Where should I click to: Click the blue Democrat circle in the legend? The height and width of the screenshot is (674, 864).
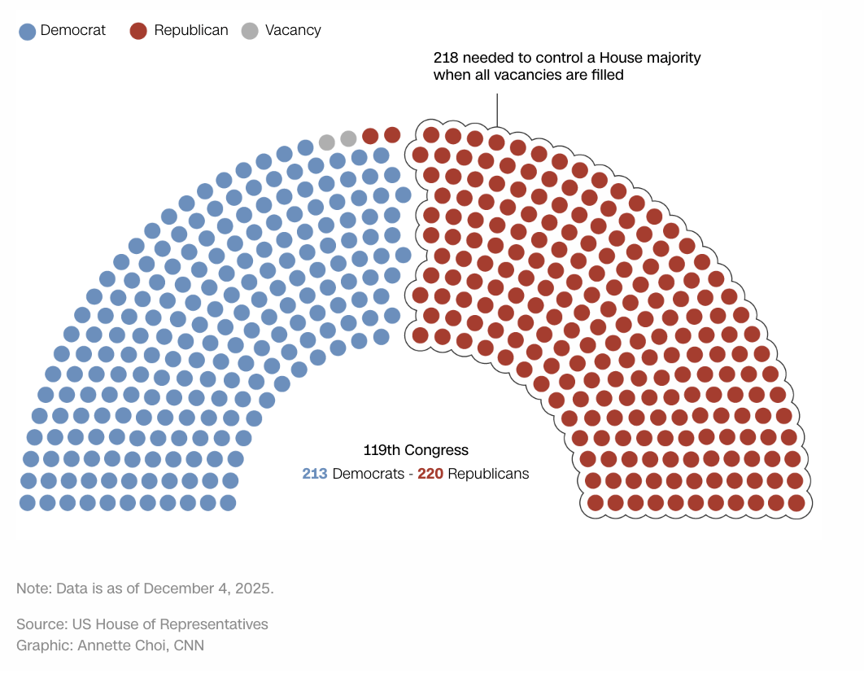pyautogui.click(x=28, y=31)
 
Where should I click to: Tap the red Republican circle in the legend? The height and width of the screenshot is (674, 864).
pyautogui.click(x=138, y=31)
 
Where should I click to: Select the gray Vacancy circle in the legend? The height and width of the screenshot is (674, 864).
pyautogui.click(x=250, y=31)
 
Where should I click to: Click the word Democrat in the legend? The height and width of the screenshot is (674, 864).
pyautogui.click(x=73, y=30)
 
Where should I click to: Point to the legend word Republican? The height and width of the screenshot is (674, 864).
pyautogui.click(x=191, y=30)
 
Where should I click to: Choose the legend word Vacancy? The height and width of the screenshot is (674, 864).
pyautogui.click(x=293, y=30)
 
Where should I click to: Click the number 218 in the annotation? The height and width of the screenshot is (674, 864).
pyautogui.click(x=445, y=58)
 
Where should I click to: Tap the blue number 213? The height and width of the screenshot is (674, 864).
pyautogui.click(x=315, y=474)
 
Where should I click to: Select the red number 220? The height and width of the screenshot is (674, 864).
pyautogui.click(x=430, y=474)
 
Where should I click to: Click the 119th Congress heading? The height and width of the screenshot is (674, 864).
pyautogui.click(x=416, y=450)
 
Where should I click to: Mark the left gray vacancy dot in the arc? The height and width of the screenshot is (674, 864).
pyautogui.click(x=327, y=142)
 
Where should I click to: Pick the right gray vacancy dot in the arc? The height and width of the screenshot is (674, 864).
pyautogui.click(x=348, y=138)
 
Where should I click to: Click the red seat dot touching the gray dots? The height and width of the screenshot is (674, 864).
pyautogui.click(x=370, y=136)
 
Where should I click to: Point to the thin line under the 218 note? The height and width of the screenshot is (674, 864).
pyautogui.click(x=496, y=110)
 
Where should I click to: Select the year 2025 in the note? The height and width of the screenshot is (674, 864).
pyautogui.click(x=254, y=588)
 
